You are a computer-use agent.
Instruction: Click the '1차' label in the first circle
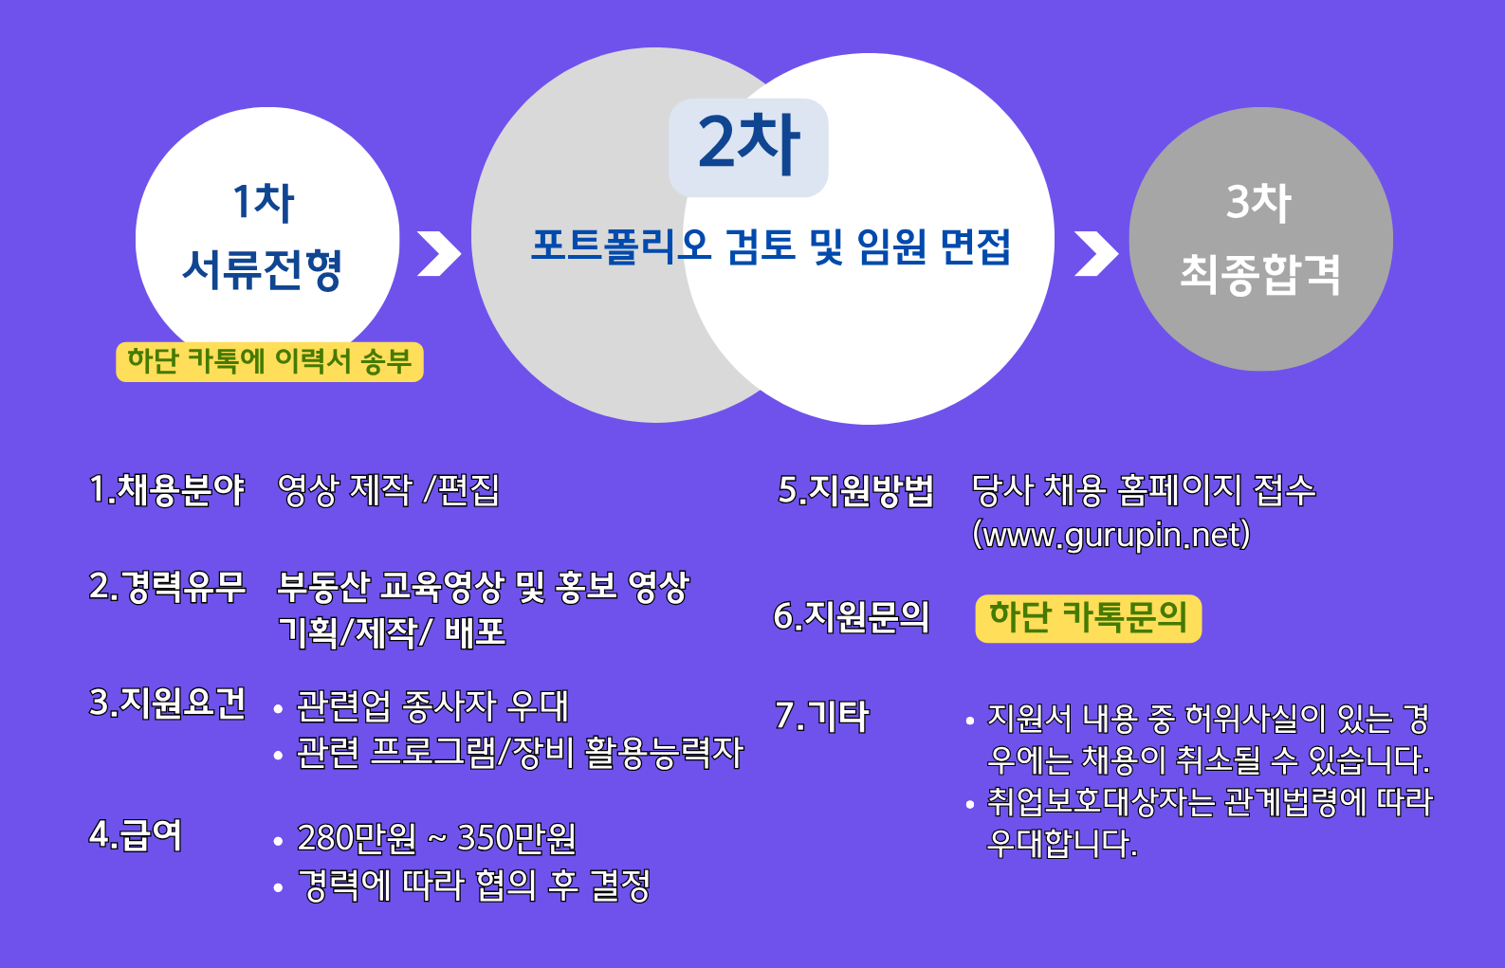click(x=264, y=202)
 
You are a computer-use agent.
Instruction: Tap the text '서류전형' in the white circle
click(x=262, y=270)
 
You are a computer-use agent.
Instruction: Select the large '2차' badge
click(x=748, y=147)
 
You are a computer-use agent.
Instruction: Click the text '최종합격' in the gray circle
click(x=1260, y=274)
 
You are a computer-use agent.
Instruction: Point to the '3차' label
click(x=1258, y=202)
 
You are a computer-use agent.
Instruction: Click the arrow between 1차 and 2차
click(x=439, y=254)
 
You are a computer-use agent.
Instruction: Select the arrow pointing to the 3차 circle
click(x=1096, y=254)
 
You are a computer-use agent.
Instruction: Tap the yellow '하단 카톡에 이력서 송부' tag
click(x=269, y=362)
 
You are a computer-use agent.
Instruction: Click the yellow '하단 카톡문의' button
click(x=1089, y=618)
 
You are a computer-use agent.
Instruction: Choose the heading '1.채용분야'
click(x=167, y=490)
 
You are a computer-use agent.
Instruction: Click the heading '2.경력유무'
click(x=167, y=587)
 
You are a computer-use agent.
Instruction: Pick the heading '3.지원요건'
click(x=167, y=704)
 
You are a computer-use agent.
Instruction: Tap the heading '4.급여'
click(x=136, y=835)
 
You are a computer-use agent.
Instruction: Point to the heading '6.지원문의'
click(x=852, y=616)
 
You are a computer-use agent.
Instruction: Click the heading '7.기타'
click(x=822, y=716)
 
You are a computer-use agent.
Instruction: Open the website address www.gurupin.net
click(x=1112, y=536)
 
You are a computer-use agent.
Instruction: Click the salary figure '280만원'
click(x=357, y=838)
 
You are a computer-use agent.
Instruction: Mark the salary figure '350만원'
click(x=517, y=838)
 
